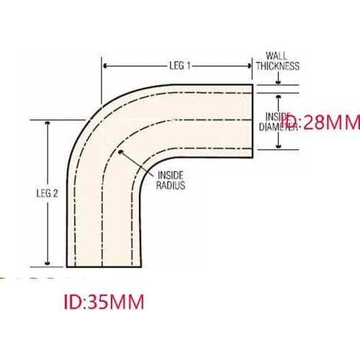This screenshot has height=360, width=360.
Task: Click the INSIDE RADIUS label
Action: (171, 180)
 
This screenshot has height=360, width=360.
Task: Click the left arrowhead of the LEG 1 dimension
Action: (107, 66)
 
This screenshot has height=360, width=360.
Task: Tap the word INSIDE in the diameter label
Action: (278, 116)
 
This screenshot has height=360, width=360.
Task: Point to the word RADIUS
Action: (171, 185)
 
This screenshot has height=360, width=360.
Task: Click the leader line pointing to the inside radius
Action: (137, 163)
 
